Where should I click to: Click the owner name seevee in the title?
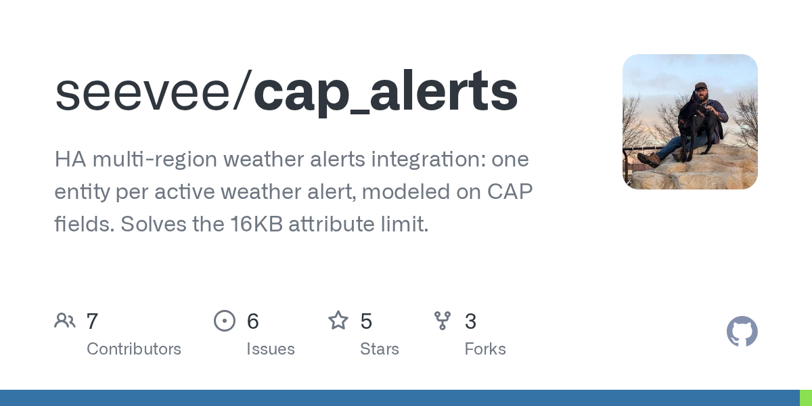pyautogui.click(x=143, y=92)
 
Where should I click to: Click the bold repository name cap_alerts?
pyautogui.click(x=386, y=92)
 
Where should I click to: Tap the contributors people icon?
pyautogui.click(x=65, y=321)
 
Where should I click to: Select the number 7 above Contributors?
pyautogui.click(x=92, y=321)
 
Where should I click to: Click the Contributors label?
pyautogui.click(x=134, y=349)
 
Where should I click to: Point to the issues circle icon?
pyautogui.click(x=225, y=321)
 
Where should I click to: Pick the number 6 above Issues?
pyautogui.click(x=252, y=321)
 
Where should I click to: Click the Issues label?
pyautogui.click(x=271, y=349)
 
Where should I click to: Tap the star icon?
pyautogui.click(x=338, y=321)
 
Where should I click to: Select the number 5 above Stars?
pyautogui.click(x=366, y=321)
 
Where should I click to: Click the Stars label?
pyautogui.click(x=379, y=349)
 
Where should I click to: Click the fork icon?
pyautogui.click(x=443, y=321)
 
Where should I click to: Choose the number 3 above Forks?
pyautogui.click(x=470, y=321)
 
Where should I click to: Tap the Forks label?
pyautogui.click(x=485, y=349)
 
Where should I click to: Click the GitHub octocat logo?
pyautogui.click(x=742, y=332)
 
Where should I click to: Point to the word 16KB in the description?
pyautogui.click(x=256, y=224)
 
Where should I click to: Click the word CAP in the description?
pyautogui.click(x=510, y=191)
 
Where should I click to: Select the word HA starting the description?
pyautogui.click(x=70, y=159)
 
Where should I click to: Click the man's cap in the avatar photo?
pyautogui.click(x=701, y=87)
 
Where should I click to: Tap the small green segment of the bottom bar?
pyautogui.click(x=806, y=398)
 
